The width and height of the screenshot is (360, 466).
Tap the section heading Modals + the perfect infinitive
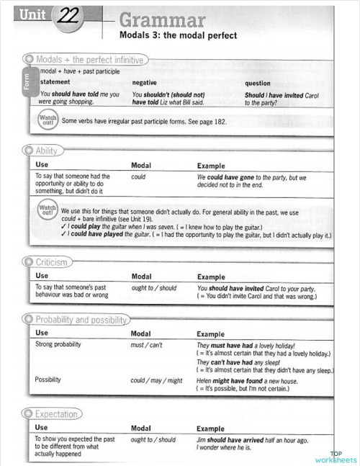coord(89,60)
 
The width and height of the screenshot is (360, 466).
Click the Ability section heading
coord(46,151)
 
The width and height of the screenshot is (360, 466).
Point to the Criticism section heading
coord(51,263)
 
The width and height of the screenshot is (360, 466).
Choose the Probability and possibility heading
coord(81,320)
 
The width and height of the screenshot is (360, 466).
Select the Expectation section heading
coord(56,414)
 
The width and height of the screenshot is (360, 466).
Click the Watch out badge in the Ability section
coord(47,212)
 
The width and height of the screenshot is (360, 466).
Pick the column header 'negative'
coord(145,83)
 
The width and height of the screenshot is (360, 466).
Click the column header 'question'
coord(258,83)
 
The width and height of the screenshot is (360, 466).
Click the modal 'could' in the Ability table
coord(139,176)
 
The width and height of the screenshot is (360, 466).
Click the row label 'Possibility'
coord(48,380)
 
